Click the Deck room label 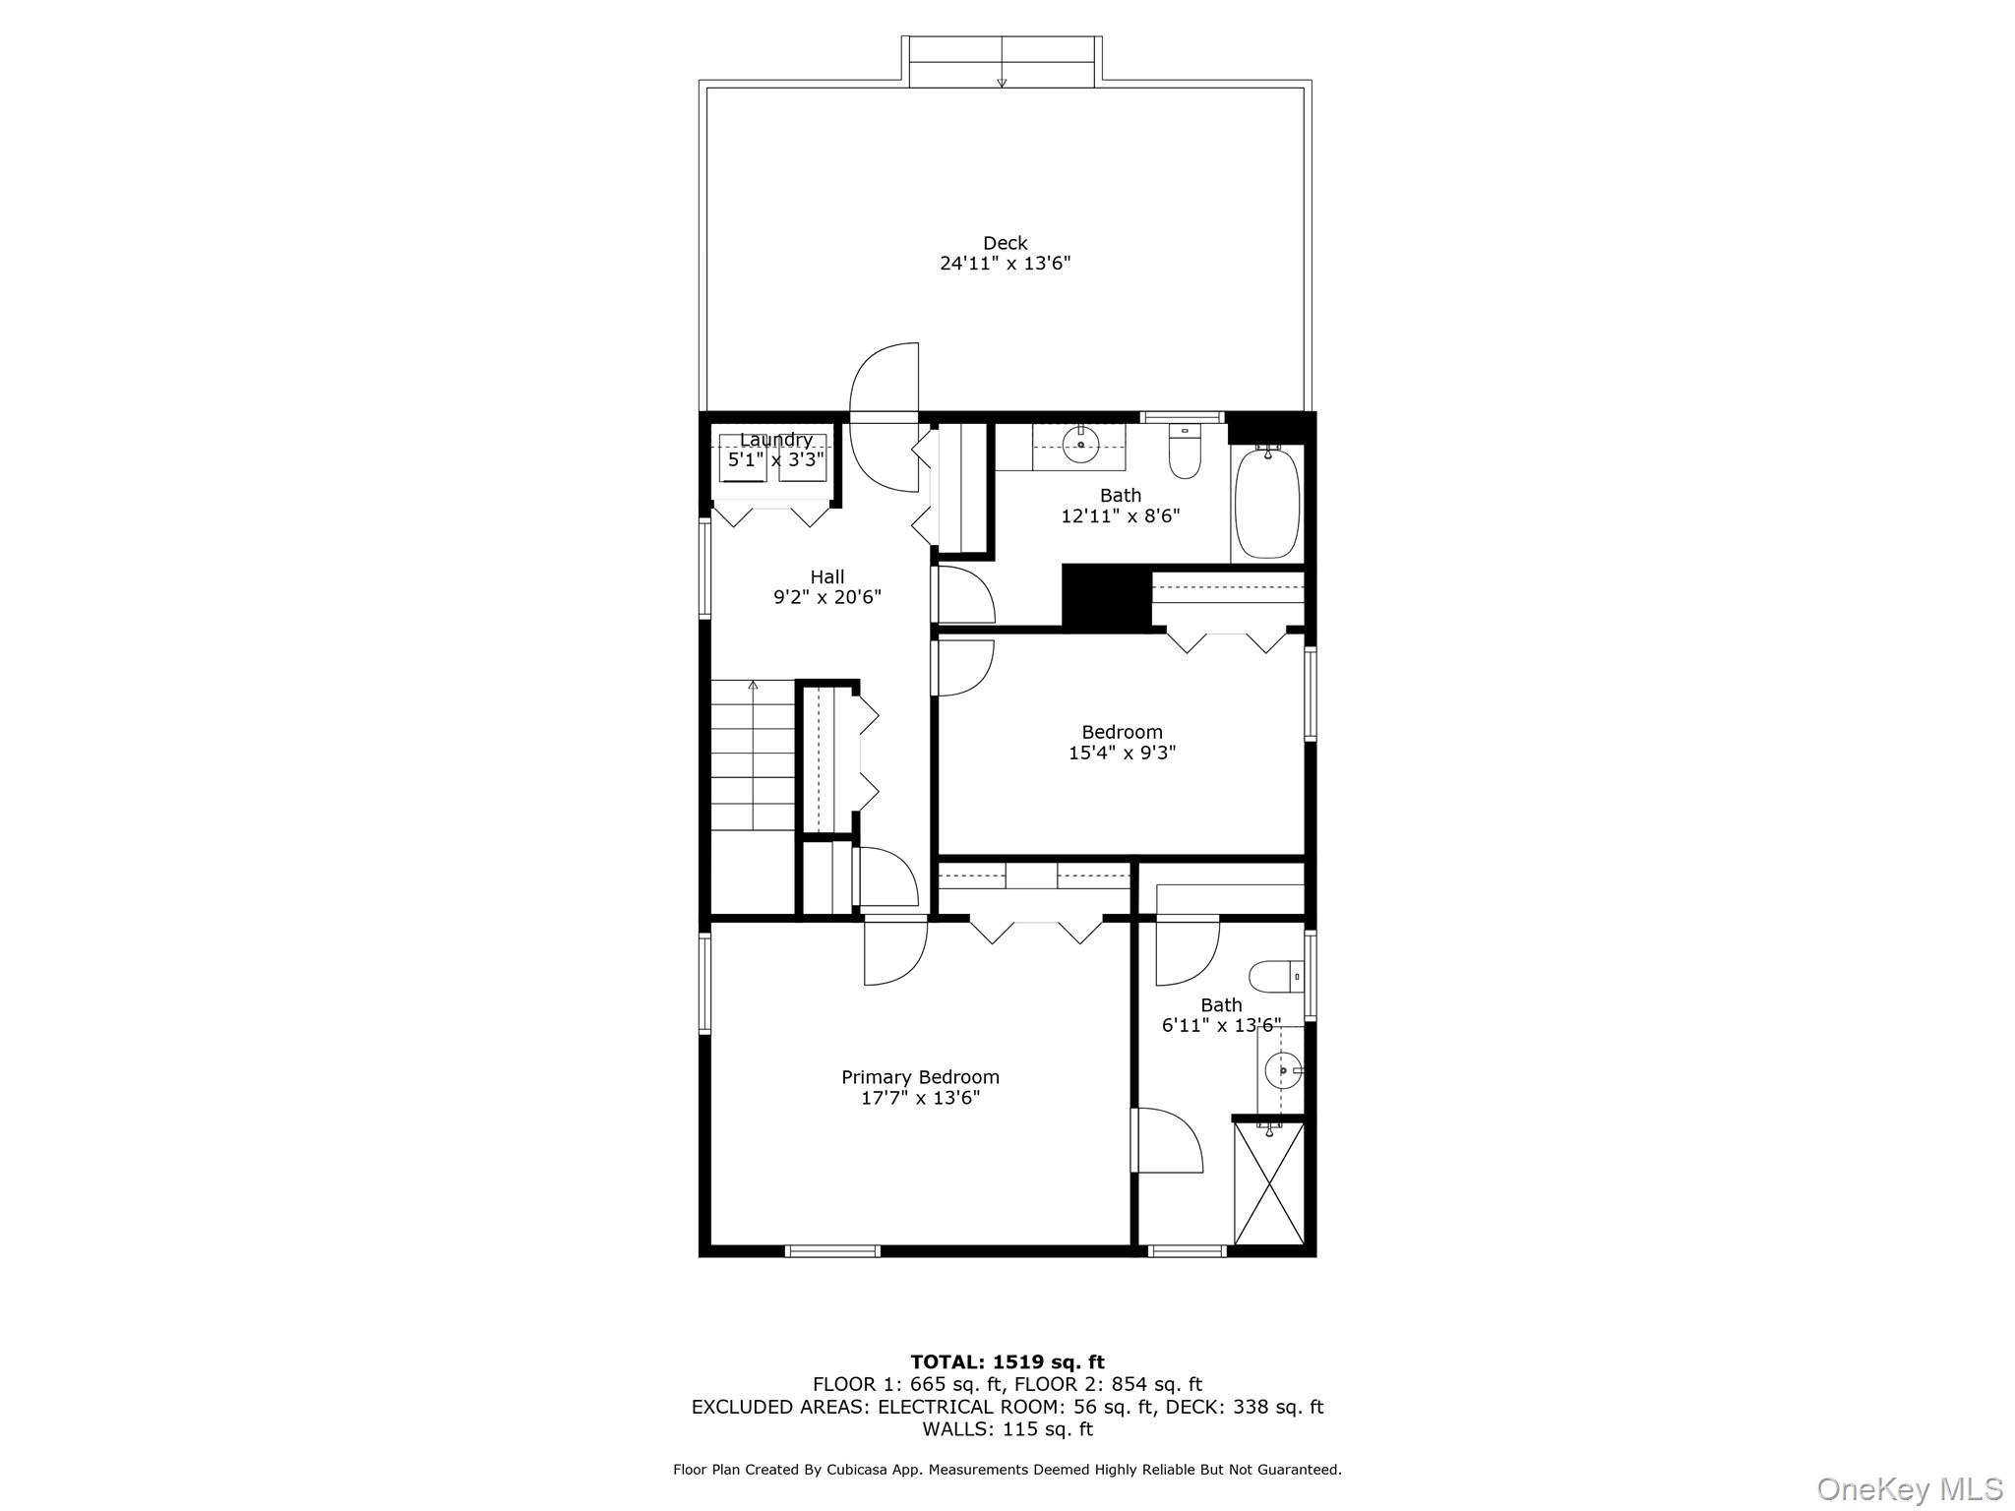coord(1005,243)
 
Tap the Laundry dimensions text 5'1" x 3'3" coord(775,459)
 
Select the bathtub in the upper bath coord(1267,503)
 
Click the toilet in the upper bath coord(1185,453)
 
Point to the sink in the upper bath coord(1081,446)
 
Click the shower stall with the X coord(1268,1184)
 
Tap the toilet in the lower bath coord(1272,978)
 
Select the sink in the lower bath coord(1282,1069)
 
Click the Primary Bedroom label coord(920,1077)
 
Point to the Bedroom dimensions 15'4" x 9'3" coord(1122,753)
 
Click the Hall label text coord(826,576)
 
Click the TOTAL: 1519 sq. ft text coord(1007,1361)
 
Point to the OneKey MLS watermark coord(1909,1488)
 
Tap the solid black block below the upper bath coord(1106,597)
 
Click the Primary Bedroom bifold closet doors coord(1035,931)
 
